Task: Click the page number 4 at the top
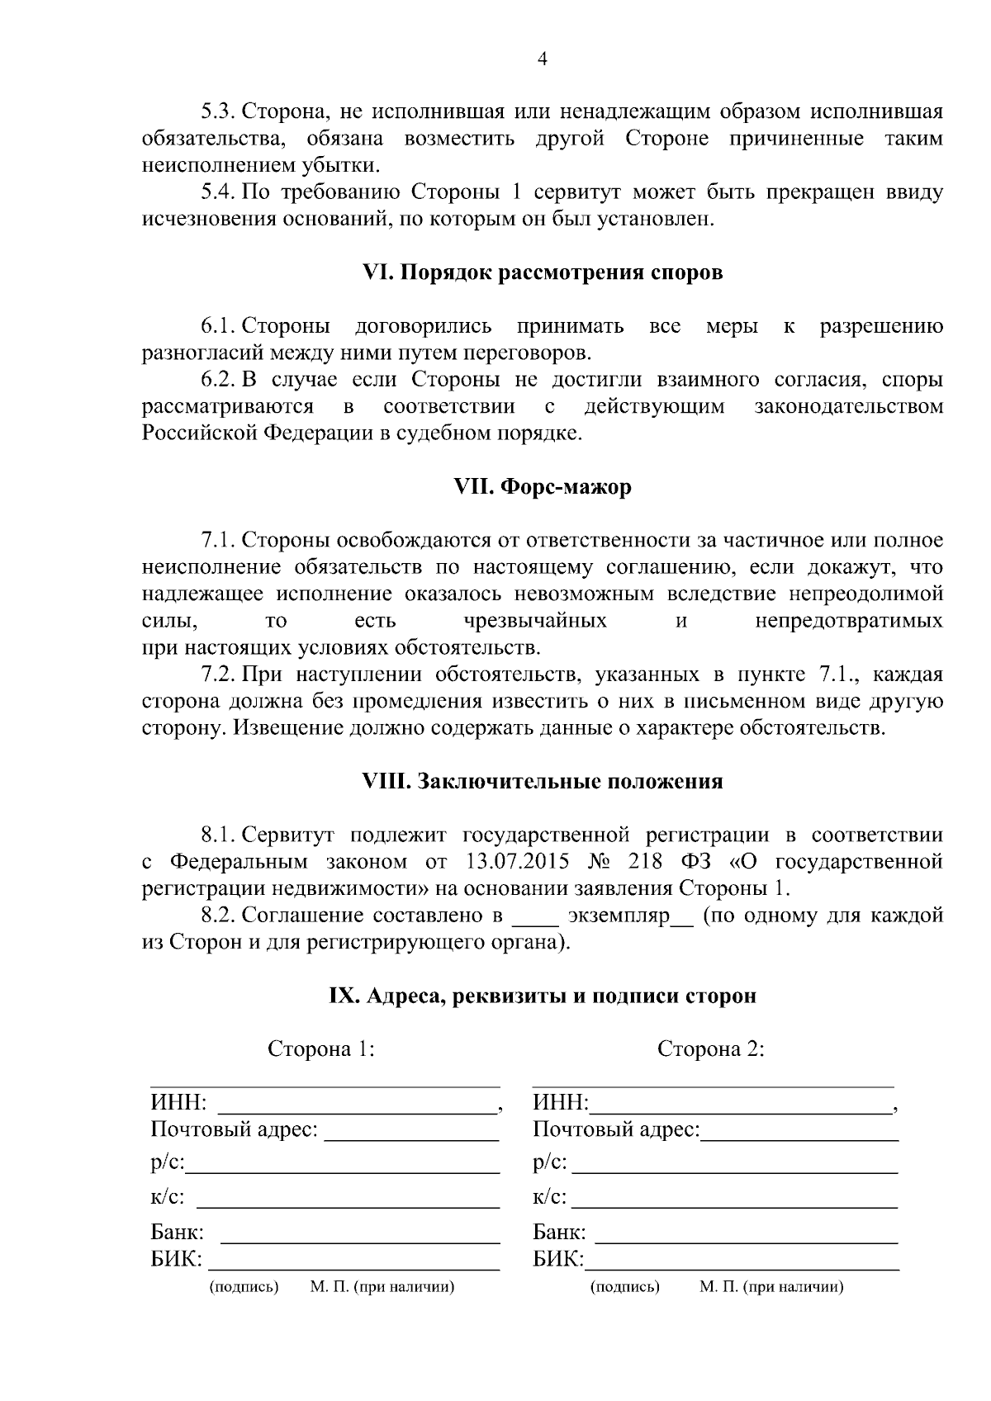tap(542, 59)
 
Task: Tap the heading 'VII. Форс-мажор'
tap(543, 487)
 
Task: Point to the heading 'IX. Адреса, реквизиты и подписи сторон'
tap(543, 996)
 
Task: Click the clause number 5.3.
tap(219, 111)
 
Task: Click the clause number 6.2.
tap(219, 380)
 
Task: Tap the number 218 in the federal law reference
tap(646, 862)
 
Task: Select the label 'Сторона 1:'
tap(321, 1049)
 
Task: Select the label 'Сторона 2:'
tap(710, 1049)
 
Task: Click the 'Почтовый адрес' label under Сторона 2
tap(616, 1129)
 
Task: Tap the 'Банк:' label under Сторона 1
tap(177, 1233)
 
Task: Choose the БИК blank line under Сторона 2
tap(742, 1267)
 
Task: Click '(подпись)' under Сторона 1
tap(244, 1287)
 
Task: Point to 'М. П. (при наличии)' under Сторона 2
tap(771, 1287)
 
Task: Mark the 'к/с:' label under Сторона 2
tap(550, 1197)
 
